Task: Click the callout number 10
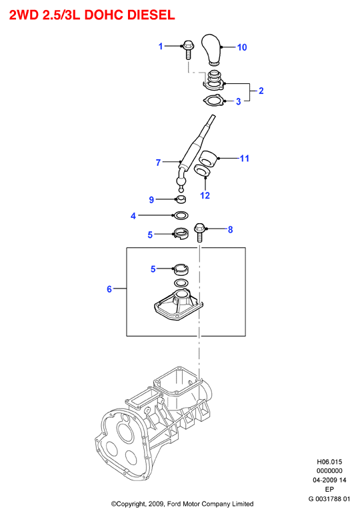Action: click(x=242, y=47)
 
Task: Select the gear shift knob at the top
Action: click(x=211, y=49)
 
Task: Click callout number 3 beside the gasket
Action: click(x=238, y=101)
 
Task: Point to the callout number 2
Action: click(x=261, y=91)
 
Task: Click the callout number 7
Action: click(x=158, y=163)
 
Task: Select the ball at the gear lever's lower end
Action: click(x=181, y=183)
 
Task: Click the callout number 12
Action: click(x=205, y=195)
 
